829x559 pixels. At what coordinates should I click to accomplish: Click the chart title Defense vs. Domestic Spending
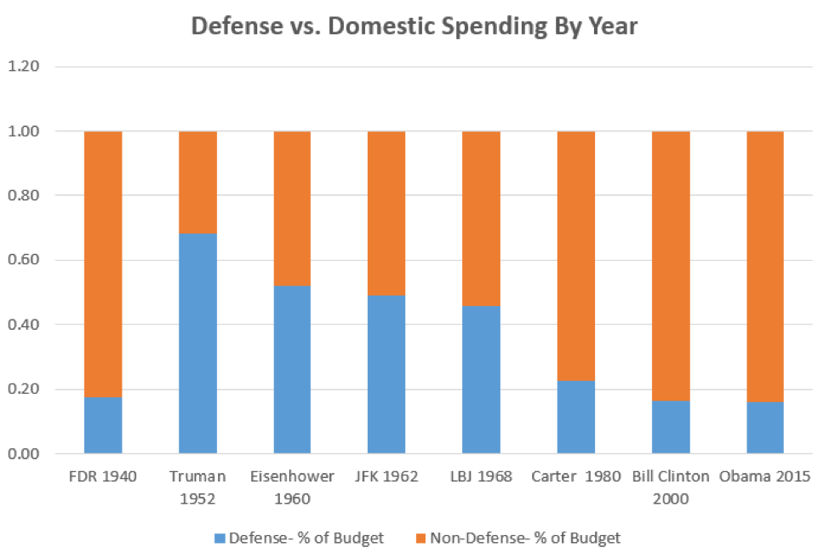(414, 26)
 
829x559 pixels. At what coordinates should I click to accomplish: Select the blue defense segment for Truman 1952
(197, 343)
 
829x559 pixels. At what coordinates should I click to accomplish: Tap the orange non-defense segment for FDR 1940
(103, 264)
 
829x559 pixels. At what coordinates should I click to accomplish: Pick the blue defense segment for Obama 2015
(764, 427)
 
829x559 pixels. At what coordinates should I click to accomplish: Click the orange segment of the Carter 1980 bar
(575, 256)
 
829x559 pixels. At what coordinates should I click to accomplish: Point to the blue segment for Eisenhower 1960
(292, 369)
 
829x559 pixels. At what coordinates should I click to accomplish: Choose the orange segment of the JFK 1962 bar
(386, 213)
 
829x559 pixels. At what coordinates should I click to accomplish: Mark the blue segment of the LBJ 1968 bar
(481, 379)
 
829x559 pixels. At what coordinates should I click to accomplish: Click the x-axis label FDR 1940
(103, 476)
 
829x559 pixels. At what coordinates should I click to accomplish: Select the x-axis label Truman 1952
(197, 485)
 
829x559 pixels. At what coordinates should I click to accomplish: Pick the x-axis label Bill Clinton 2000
(671, 485)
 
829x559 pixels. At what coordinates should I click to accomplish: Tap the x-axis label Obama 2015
(764, 476)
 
